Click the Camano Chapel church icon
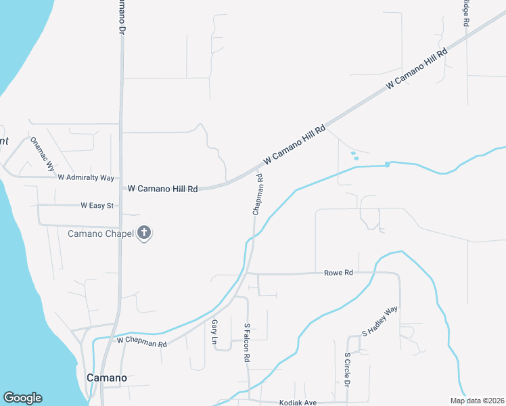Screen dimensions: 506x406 tap(143, 233)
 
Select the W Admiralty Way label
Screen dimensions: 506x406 tap(86, 178)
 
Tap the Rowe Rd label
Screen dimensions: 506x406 tap(339, 273)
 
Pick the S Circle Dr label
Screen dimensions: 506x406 tap(347, 369)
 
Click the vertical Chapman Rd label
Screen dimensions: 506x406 tap(258, 195)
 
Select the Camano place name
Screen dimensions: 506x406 tap(106, 378)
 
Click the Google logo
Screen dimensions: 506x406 tap(22, 397)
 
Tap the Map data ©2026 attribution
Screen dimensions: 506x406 tap(476, 401)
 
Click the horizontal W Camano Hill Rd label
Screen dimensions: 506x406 tap(162, 189)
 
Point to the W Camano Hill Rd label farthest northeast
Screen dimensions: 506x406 tap(416, 70)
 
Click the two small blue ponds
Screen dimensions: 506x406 tap(354, 156)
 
